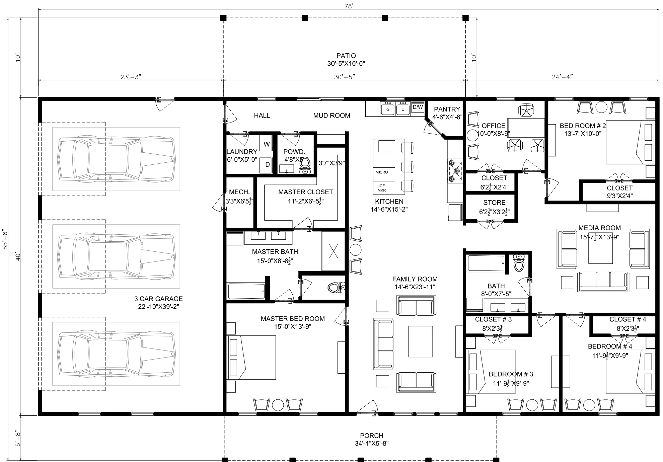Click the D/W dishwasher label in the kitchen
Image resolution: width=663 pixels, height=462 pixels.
click(x=418, y=107)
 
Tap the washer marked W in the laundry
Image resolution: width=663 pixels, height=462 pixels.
click(x=267, y=144)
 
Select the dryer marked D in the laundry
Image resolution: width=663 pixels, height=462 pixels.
click(x=267, y=165)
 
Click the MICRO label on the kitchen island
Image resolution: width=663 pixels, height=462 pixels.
click(x=382, y=172)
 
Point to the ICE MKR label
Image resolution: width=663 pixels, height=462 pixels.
click(x=382, y=188)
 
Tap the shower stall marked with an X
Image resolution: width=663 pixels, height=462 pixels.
click(x=333, y=251)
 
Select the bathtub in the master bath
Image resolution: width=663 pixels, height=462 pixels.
click(x=247, y=291)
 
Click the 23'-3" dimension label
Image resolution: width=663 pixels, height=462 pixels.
click(x=131, y=77)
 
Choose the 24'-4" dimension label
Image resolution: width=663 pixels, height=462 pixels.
click(x=562, y=77)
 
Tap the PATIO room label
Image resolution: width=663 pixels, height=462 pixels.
click(x=346, y=56)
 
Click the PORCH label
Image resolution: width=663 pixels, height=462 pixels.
click(x=372, y=436)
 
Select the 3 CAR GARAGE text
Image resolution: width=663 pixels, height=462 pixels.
click(x=159, y=299)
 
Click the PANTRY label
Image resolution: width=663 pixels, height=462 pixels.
click(x=447, y=109)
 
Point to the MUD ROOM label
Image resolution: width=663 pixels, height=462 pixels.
click(x=332, y=115)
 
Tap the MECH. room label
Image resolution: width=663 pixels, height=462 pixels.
click(x=239, y=192)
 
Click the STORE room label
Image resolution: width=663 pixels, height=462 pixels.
click(x=494, y=203)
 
